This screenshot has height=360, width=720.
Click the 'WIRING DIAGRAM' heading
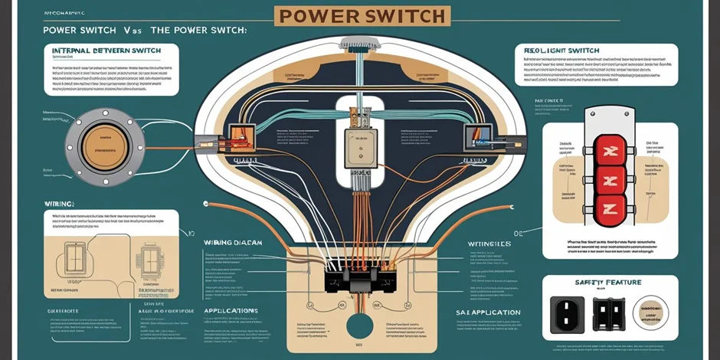pyautogui.click(x=234, y=242)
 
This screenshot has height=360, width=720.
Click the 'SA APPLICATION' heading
pyautogui.click(x=488, y=313)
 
